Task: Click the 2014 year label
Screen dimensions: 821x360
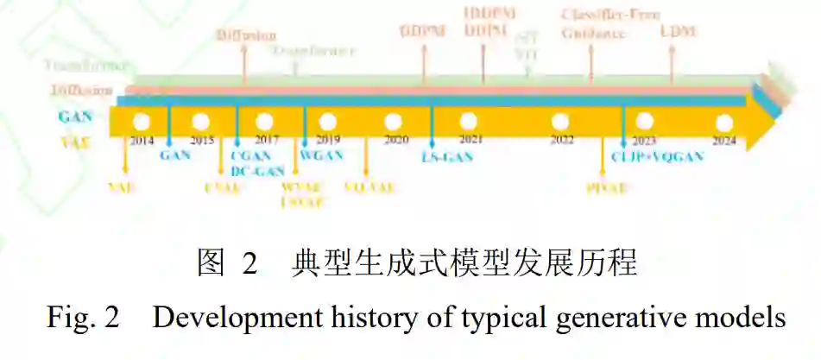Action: click(142, 140)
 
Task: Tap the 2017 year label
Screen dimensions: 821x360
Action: click(267, 140)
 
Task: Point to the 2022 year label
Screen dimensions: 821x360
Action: click(562, 140)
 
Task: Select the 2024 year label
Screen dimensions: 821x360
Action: click(723, 140)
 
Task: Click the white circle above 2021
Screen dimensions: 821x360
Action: click(469, 122)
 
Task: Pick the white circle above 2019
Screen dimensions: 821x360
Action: click(327, 122)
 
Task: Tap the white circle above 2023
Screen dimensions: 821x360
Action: click(644, 122)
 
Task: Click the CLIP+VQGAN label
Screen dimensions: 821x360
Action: click(657, 156)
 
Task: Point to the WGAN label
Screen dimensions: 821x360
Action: click(321, 155)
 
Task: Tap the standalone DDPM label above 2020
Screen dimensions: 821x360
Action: click(421, 32)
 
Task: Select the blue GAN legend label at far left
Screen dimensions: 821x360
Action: click(76, 115)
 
